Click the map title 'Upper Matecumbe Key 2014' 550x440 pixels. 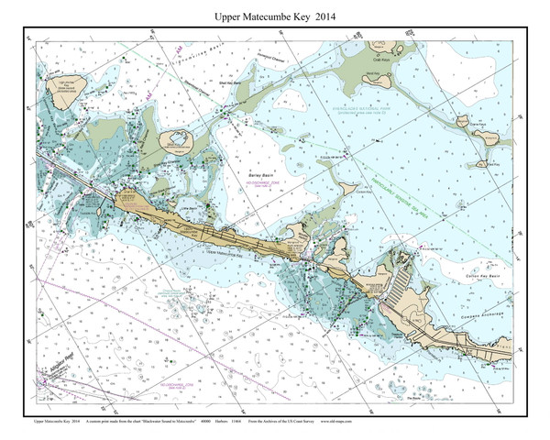coord(274,17)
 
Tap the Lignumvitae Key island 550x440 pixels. coord(70,85)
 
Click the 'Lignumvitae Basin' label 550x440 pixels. coord(179,56)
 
